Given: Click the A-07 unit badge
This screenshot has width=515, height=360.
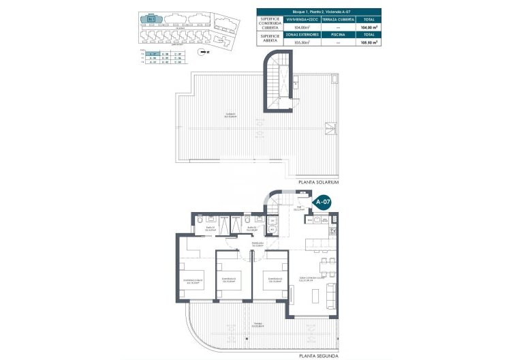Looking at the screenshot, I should click(322, 202).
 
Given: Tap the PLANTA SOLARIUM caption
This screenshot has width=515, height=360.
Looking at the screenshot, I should click(318, 183).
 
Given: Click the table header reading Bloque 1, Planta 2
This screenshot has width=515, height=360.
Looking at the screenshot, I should click(318, 12).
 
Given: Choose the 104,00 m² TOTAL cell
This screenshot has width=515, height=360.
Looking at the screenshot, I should click(369, 27).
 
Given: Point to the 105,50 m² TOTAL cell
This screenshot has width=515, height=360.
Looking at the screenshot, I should click(369, 42).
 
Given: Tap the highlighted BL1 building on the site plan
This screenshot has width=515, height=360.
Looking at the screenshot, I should click(151, 20).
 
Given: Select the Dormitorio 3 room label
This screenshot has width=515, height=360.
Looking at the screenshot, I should click(274, 279).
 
